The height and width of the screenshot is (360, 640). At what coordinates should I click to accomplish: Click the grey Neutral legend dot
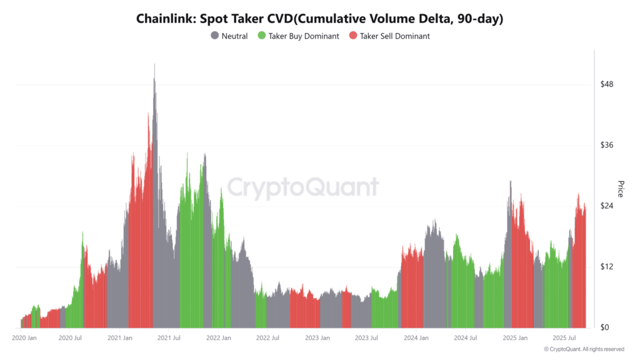coord(215,36)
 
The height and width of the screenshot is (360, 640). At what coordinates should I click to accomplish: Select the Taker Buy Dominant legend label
coord(304,36)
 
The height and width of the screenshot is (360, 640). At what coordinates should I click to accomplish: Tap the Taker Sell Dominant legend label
coord(394,36)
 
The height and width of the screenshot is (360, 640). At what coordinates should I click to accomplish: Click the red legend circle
coord(353,36)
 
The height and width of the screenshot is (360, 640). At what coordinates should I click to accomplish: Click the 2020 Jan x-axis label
coord(24,338)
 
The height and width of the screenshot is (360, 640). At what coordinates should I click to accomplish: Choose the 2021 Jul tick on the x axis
coord(169,338)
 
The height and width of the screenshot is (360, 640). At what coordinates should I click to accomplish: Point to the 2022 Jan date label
coord(218,338)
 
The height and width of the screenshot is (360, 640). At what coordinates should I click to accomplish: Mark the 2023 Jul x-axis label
coord(366,338)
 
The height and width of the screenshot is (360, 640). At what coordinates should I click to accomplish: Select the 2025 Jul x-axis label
coord(562,338)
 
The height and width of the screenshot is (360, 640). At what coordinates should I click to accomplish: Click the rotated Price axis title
coord(621,189)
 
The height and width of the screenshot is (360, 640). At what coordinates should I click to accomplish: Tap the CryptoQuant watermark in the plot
coord(302,187)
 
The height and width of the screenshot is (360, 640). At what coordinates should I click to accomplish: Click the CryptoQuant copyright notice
coord(584,349)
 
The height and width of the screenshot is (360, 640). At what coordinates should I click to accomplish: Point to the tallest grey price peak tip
coord(154,64)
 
